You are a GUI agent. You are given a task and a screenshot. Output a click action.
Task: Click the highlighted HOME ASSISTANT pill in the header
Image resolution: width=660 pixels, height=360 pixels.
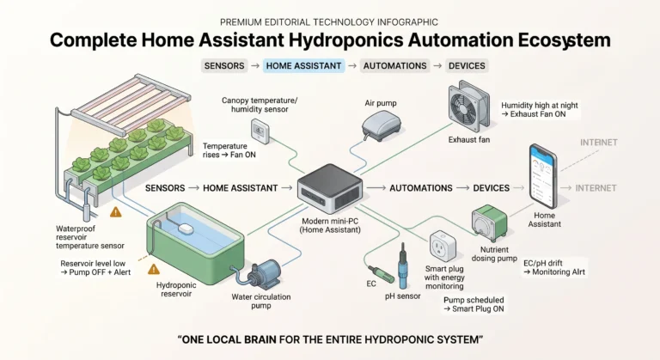[303, 65]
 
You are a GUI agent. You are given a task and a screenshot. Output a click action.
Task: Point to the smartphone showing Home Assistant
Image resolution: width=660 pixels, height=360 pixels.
[543, 175]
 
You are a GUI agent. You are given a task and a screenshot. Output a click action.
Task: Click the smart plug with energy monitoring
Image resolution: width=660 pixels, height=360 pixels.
[443, 246]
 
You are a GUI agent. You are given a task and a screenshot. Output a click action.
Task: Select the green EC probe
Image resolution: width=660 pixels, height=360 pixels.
[381, 274]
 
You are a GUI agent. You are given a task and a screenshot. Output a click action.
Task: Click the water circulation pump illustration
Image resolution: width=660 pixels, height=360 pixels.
[260, 274]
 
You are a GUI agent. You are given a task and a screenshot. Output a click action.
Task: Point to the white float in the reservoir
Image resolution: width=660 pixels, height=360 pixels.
[186, 229]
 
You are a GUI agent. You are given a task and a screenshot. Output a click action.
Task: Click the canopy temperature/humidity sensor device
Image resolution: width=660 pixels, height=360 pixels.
[260, 131]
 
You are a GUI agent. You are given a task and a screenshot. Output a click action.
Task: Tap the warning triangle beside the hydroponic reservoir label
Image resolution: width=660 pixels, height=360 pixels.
[154, 269]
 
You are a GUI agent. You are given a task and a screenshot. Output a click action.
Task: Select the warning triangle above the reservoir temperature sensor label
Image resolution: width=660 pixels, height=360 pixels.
[116, 211]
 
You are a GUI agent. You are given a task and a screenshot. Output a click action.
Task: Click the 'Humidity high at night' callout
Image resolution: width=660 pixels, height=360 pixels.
[539, 110]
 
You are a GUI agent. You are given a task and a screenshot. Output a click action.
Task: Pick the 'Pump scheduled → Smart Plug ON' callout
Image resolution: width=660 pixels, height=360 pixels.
[474, 304]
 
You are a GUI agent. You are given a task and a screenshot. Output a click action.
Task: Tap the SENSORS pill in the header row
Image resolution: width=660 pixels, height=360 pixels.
[224, 65]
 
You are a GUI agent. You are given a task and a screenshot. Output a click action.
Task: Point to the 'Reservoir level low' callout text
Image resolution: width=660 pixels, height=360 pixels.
[95, 268]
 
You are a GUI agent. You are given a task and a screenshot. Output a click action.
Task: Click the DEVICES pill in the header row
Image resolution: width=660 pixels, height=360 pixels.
[467, 65]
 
